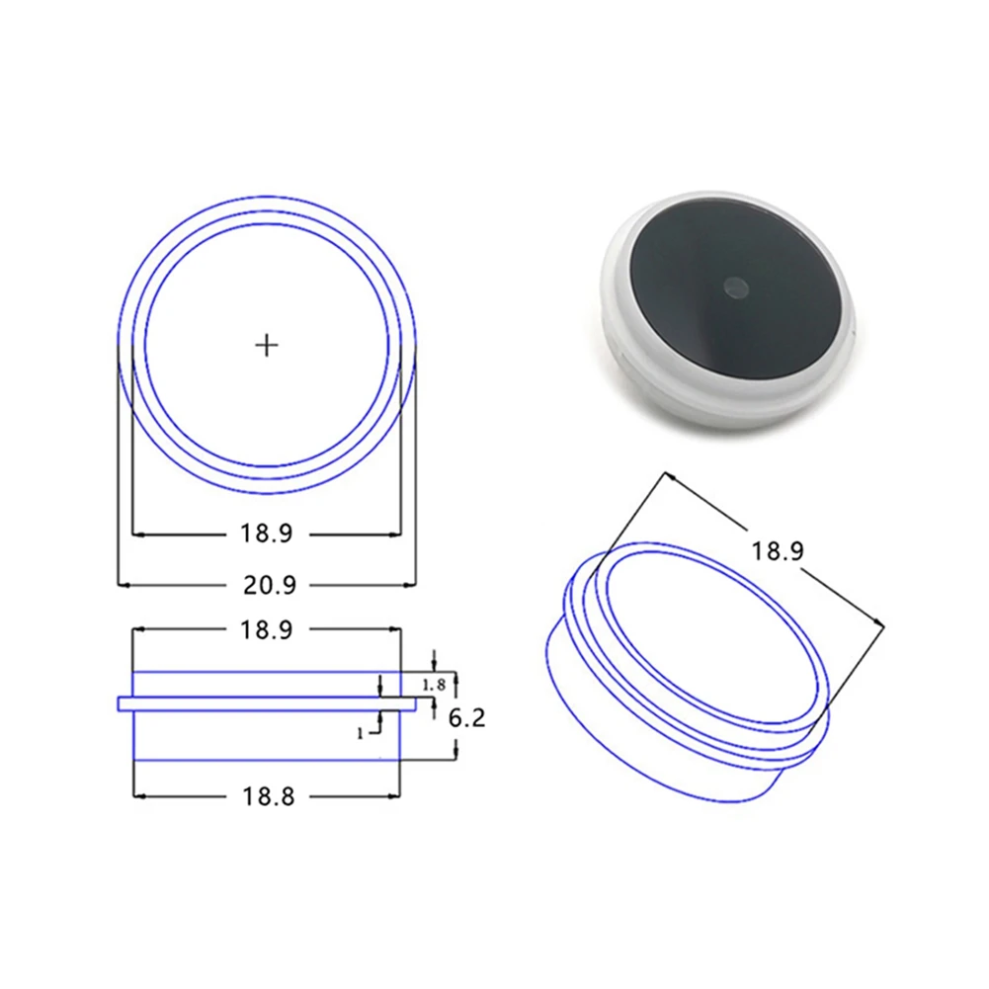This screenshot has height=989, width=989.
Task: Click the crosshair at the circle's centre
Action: [267, 345]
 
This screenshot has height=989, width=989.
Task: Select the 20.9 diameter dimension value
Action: [269, 585]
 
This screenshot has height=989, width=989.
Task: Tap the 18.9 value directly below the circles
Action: [266, 535]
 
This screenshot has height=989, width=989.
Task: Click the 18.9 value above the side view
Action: [266, 630]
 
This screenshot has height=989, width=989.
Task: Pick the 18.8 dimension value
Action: [268, 796]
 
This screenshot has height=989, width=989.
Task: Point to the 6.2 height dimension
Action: [467, 717]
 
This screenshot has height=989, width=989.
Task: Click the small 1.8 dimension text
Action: [433, 685]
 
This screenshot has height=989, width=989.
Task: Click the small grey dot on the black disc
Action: [734, 287]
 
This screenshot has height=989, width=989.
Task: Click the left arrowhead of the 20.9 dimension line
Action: [123, 585]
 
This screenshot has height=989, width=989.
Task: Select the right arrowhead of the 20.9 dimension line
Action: [410, 585]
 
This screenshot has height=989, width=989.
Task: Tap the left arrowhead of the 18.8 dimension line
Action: [137, 795]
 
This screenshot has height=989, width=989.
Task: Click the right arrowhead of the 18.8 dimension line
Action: [395, 795]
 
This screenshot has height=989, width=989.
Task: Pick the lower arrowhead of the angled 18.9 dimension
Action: [879, 621]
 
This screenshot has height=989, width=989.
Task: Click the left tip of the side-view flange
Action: [119, 703]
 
